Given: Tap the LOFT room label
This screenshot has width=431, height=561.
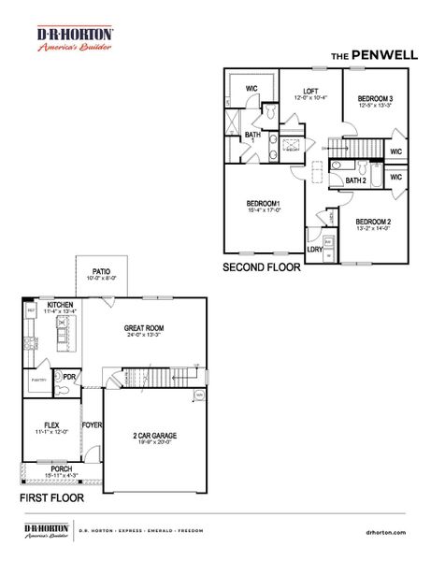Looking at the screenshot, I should point(297,91).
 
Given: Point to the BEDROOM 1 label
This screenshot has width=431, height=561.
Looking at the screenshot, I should point(264,203).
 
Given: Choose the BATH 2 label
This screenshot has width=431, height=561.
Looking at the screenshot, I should point(355,180).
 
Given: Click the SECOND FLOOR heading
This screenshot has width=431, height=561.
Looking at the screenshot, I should point(262,266).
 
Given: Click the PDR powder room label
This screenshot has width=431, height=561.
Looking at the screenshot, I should point(68,378).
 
